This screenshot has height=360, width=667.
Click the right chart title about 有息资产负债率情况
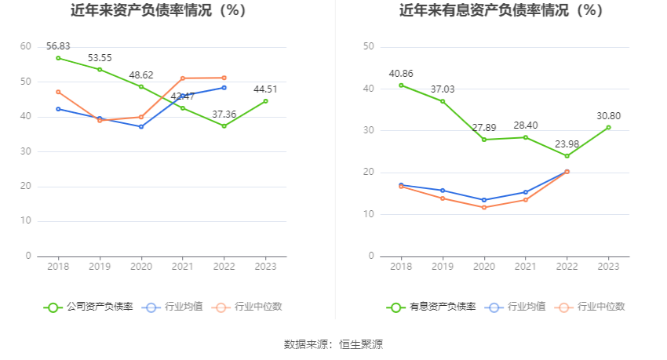(501, 11)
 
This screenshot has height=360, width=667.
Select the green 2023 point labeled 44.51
(265, 101)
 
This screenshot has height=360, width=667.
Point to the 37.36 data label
(224, 115)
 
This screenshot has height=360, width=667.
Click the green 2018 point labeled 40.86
(401, 85)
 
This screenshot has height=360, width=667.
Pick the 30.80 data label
(608, 115)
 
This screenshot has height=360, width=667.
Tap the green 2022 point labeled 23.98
(567, 156)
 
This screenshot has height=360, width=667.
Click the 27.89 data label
(484, 128)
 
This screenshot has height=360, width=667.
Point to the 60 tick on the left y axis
(26, 47)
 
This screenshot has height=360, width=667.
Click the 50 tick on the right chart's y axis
(369, 47)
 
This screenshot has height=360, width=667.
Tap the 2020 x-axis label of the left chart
(141, 267)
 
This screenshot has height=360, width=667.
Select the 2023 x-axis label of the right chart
(608, 267)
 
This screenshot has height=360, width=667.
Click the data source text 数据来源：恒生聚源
(333, 344)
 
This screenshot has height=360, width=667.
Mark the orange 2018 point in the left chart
(58, 92)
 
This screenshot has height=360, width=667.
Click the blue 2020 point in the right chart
(484, 200)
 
